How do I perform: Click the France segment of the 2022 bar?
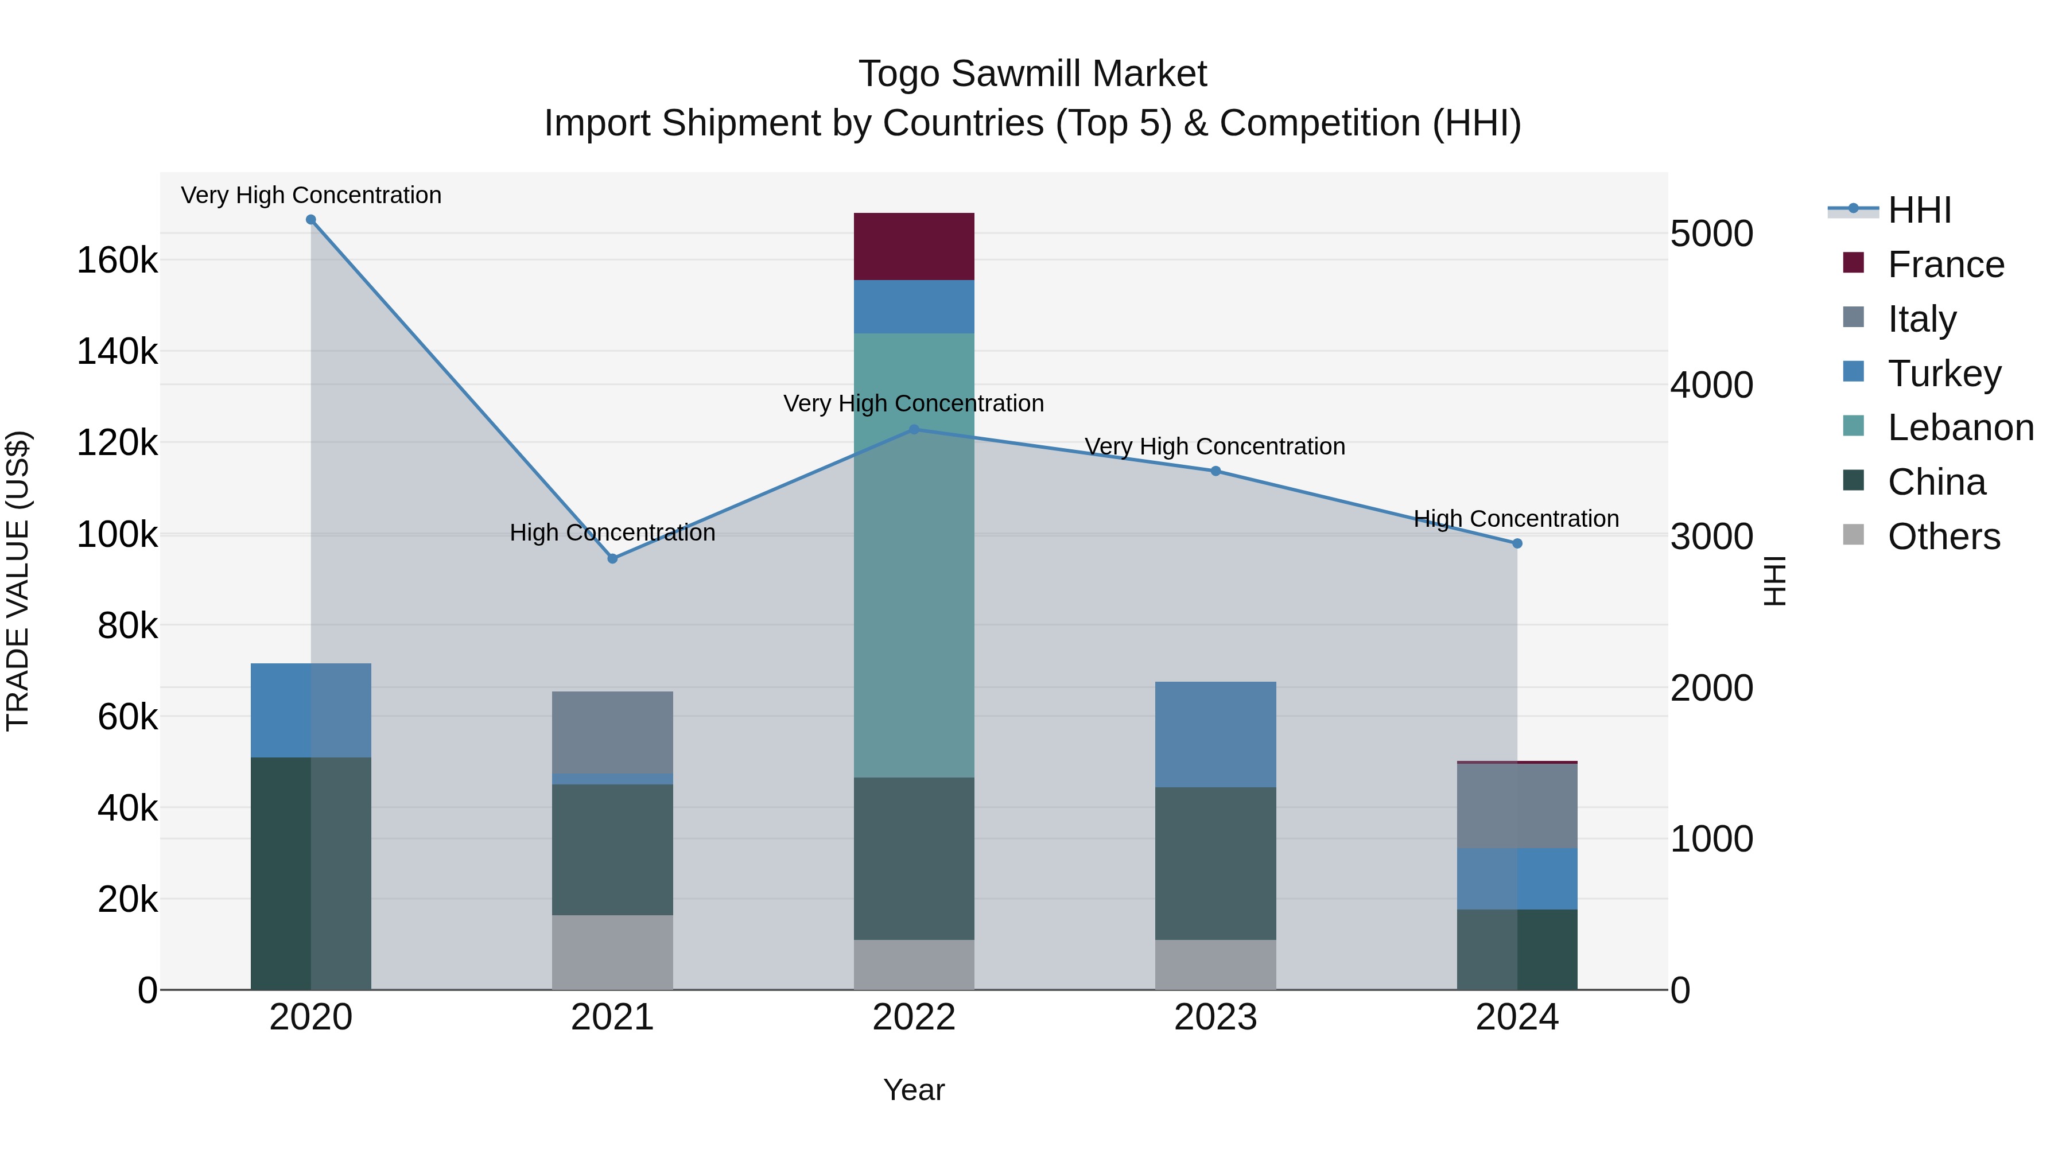point(914,246)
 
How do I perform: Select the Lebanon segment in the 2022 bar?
point(914,555)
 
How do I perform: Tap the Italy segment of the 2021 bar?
point(612,732)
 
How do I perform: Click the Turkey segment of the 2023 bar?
point(1215,734)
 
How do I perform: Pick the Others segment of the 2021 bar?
point(612,952)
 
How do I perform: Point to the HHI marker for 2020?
point(311,220)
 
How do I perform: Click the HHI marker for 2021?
point(613,559)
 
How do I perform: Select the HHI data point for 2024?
point(1517,544)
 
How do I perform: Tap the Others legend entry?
point(1943,537)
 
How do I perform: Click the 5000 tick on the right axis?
point(1711,234)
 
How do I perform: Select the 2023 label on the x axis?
point(1215,1017)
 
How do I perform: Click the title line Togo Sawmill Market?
point(1032,74)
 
